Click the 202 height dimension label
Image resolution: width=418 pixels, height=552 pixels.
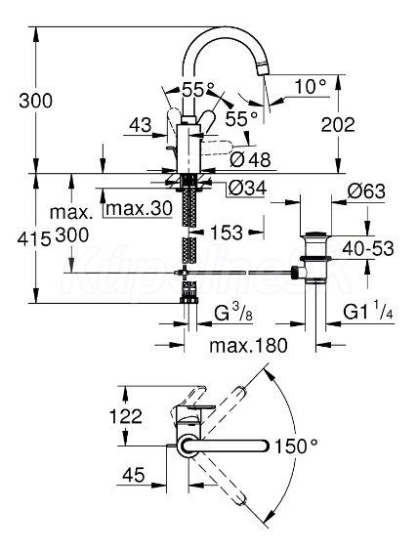pos(338,125)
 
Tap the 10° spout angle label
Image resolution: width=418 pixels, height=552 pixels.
pos(311,86)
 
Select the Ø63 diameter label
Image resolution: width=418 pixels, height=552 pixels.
pos(366,191)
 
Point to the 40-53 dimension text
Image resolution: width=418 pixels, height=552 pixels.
pos(368,249)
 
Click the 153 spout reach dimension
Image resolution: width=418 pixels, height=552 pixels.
pos(227,233)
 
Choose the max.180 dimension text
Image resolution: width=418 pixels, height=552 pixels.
pos(248,345)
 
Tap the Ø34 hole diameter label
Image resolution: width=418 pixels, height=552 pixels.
pos(247,188)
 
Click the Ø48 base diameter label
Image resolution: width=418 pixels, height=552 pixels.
pos(251,160)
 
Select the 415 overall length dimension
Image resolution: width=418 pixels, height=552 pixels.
pos(34,240)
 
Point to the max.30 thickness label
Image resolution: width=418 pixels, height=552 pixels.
pos(140,208)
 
